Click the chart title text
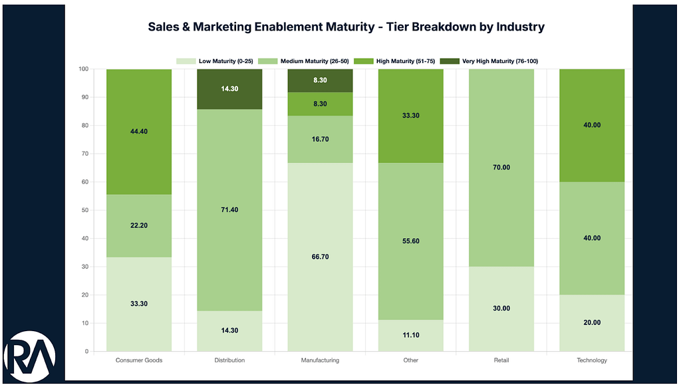(x=346, y=27)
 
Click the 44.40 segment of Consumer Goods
(x=139, y=132)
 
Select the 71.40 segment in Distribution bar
(x=229, y=210)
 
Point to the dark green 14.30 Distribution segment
(x=229, y=89)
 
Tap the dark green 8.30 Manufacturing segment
(x=320, y=80)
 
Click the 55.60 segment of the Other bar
(x=411, y=241)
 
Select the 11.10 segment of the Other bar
(x=411, y=336)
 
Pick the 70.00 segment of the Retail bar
(x=501, y=168)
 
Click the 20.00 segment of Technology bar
(x=592, y=322)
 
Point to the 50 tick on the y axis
(x=84, y=210)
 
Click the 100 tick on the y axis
(x=83, y=69)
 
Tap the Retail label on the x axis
(x=501, y=360)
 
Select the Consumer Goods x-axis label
(x=139, y=360)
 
